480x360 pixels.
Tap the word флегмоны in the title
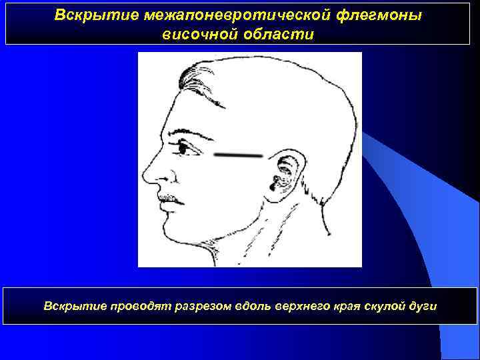[383, 15]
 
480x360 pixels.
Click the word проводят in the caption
[139, 306]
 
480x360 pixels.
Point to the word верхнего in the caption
[293, 306]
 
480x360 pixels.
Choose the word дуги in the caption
[422, 306]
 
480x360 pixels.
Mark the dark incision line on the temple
[239, 155]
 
